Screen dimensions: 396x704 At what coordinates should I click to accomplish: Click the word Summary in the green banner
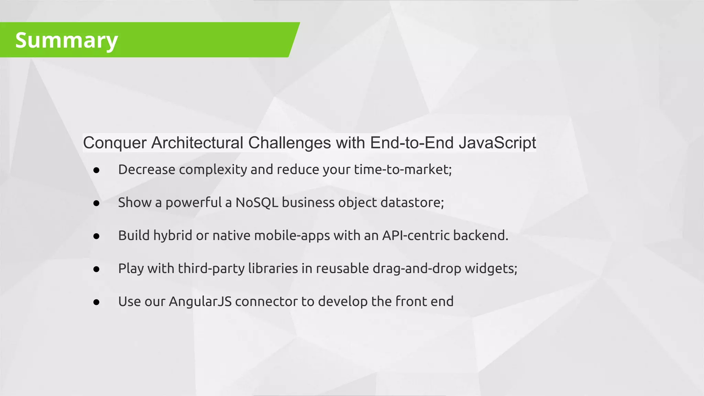(x=66, y=40)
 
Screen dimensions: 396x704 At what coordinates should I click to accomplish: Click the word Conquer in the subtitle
(x=115, y=143)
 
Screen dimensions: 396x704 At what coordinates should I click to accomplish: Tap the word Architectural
(x=197, y=143)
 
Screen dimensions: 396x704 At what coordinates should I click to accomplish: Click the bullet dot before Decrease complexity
(x=96, y=170)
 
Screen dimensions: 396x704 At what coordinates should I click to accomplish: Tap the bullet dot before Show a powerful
(x=96, y=203)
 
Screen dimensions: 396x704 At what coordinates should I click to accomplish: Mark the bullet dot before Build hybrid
(x=96, y=236)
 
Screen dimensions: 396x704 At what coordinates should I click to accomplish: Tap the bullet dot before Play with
(x=96, y=269)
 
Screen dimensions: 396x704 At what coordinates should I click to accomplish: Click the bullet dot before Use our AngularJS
(x=96, y=302)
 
